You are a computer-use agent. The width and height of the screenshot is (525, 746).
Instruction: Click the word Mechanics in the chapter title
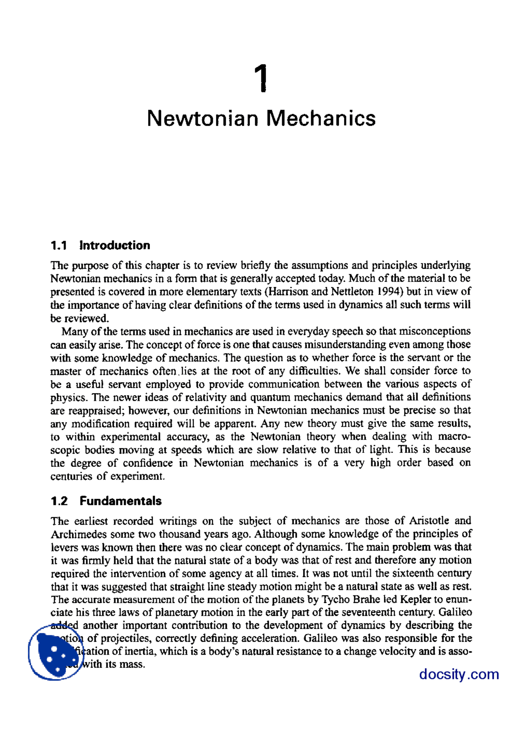pyautogui.click(x=321, y=118)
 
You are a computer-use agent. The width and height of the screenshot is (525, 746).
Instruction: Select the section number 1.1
pyautogui.click(x=59, y=246)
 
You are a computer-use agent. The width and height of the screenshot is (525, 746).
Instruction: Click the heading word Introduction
pyautogui.click(x=115, y=246)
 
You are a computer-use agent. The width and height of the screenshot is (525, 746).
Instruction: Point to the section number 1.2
pyautogui.click(x=59, y=501)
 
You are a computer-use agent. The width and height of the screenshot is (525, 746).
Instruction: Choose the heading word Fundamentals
pyautogui.click(x=121, y=501)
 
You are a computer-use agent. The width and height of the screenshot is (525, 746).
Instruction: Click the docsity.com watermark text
pyautogui.click(x=459, y=674)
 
